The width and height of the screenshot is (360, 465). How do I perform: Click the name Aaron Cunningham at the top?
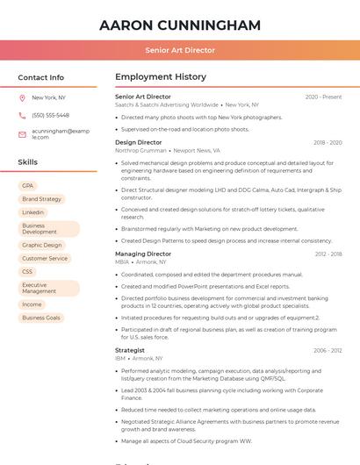(180, 25)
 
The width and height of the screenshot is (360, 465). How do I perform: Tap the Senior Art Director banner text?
(180, 50)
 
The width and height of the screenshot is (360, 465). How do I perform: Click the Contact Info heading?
(41, 77)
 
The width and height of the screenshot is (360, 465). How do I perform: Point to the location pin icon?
(22, 97)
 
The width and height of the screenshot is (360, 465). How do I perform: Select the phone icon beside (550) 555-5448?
(22, 115)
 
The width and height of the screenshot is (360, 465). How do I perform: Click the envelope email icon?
(22, 133)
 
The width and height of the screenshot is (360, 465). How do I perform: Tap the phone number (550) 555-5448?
(50, 115)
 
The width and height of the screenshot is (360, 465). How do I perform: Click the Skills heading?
(27, 162)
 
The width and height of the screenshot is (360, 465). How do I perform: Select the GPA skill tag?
(28, 185)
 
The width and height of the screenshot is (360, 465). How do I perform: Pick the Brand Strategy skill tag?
(41, 199)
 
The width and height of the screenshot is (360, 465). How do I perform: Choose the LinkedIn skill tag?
(32, 212)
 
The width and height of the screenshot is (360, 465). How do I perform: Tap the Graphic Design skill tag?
(41, 245)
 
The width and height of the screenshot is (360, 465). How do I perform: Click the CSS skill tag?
(27, 272)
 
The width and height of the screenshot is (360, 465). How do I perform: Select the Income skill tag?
(32, 304)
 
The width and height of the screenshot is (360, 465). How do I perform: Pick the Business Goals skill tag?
(41, 318)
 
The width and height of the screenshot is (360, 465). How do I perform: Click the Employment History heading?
(161, 77)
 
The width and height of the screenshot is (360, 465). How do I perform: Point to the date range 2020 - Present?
(323, 97)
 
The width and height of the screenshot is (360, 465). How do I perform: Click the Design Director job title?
(138, 142)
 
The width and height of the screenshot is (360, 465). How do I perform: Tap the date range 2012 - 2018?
(328, 254)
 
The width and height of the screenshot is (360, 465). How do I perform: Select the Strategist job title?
(130, 350)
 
